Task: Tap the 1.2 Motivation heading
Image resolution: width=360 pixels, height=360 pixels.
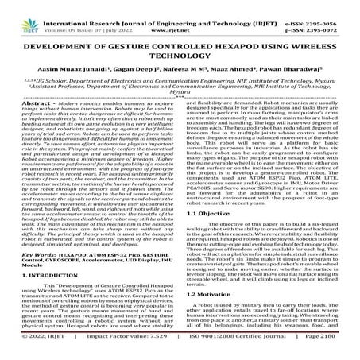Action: [211, 294]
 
